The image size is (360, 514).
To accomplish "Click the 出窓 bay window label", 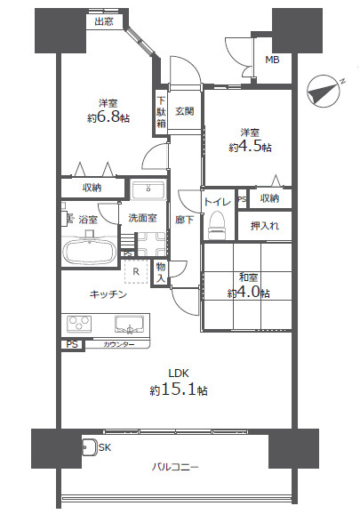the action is [x=104, y=21].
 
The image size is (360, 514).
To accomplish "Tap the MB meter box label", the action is [x=272, y=60].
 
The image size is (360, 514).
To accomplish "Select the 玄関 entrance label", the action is [x=184, y=111].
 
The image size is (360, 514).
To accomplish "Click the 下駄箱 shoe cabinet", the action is [x=161, y=112].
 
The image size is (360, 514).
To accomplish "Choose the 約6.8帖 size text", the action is [x=108, y=117].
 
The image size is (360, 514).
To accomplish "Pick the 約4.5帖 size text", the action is [x=250, y=147].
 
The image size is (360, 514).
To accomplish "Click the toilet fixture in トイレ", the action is [x=218, y=225].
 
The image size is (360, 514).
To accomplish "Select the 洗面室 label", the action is [x=142, y=218].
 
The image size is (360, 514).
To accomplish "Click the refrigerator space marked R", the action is [x=136, y=271].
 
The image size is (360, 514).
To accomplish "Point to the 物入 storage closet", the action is [x=161, y=273].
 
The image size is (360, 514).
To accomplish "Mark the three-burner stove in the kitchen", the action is [x=79, y=325].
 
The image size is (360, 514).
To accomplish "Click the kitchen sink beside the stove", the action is [x=130, y=325].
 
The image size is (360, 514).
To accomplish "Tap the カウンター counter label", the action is [x=118, y=344].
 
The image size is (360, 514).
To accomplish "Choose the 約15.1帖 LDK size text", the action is [x=179, y=390].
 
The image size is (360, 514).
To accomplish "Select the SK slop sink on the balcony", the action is [x=89, y=447].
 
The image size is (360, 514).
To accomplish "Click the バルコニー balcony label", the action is [x=175, y=467].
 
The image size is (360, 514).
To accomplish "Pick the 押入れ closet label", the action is [x=265, y=226].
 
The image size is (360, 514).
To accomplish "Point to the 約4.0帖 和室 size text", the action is [x=249, y=292].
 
